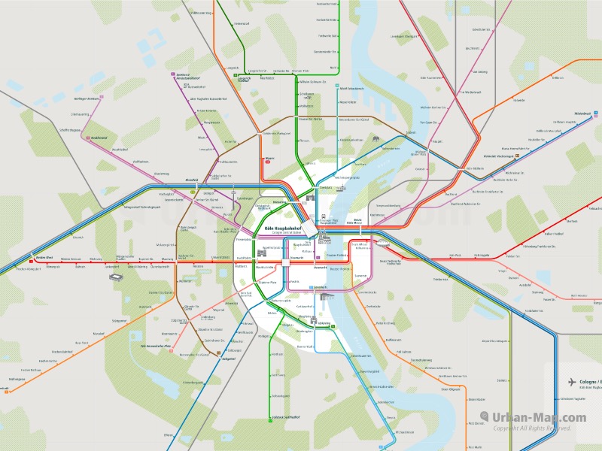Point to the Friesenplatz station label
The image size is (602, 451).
tap(243, 239)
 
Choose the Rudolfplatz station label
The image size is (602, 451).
tap(242, 257)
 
